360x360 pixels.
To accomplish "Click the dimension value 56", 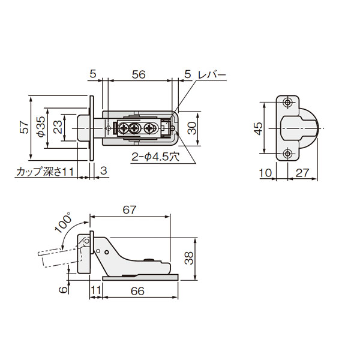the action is coord(139,74).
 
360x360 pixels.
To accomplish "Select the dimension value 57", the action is coord(25,128).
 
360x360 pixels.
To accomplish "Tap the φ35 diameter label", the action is coord(41,127).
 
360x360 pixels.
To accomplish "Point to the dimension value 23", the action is coord(58,127).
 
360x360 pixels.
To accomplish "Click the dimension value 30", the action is coord(192,128).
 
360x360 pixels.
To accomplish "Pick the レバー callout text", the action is coord(212,75).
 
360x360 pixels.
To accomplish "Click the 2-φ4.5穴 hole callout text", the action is coord(155,157).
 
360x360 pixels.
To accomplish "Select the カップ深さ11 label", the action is coord(45,172).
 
